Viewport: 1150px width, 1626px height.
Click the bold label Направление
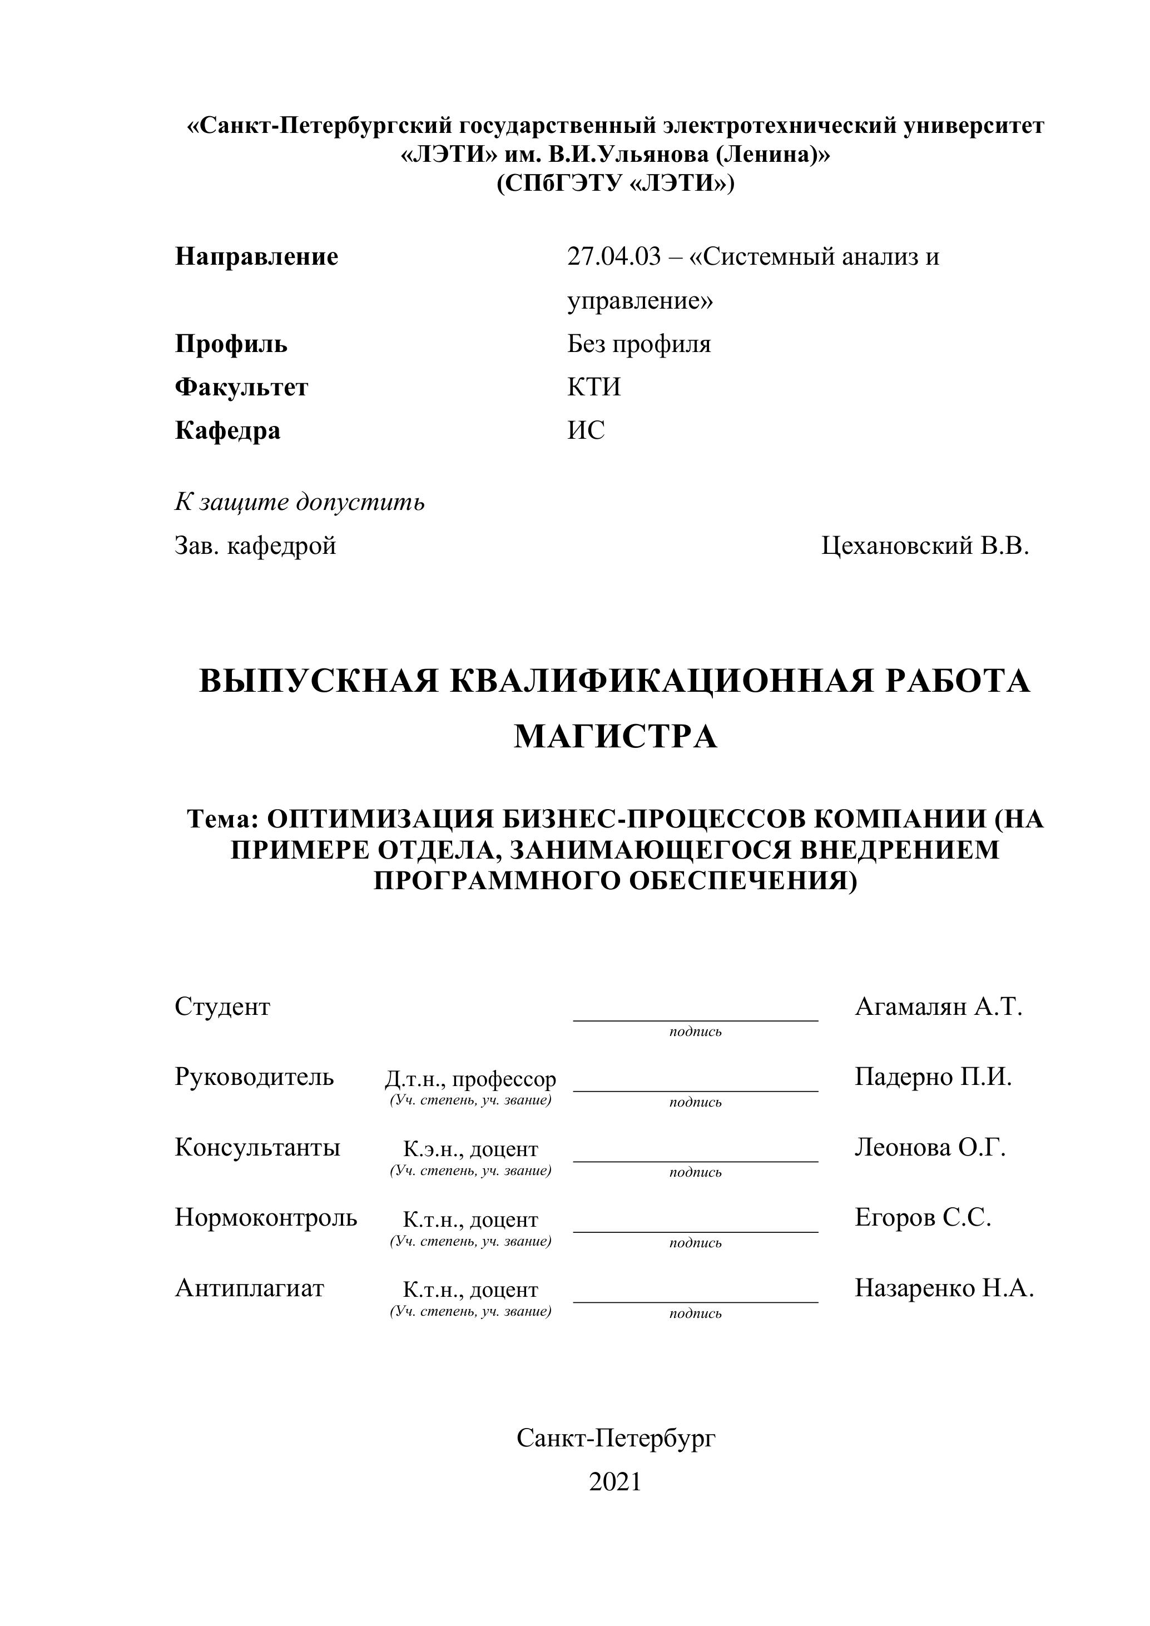tap(256, 256)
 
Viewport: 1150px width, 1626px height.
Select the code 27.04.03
tap(613, 256)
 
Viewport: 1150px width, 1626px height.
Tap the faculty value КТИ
tap(593, 388)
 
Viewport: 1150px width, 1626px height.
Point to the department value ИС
tap(586, 430)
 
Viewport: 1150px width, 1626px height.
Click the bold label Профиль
tap(231, 344)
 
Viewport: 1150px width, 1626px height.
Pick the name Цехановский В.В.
tap(925, 546)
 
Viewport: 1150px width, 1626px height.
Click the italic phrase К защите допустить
tap(300, 502)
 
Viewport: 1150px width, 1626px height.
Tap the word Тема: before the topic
tap(222, 819)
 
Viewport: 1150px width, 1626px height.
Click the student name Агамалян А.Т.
tap(938, 1007)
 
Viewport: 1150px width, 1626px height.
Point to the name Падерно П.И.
tap(933, 1077)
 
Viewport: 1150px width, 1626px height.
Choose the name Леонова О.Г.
tap(930, 1147)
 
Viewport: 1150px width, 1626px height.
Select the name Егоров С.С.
tap(923, 1217)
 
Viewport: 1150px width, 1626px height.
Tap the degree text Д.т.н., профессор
tap(470, 1079)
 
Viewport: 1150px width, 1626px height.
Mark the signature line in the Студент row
tap(695, 1020)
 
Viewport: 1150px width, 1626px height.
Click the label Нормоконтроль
tap(266, 1217)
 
